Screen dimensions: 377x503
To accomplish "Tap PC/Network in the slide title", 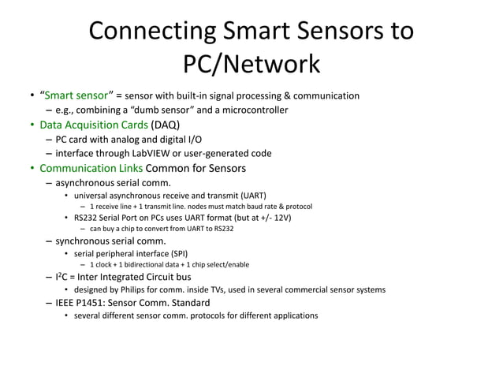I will point(251,63).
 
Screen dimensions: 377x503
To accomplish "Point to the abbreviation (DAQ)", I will point(166,125).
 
